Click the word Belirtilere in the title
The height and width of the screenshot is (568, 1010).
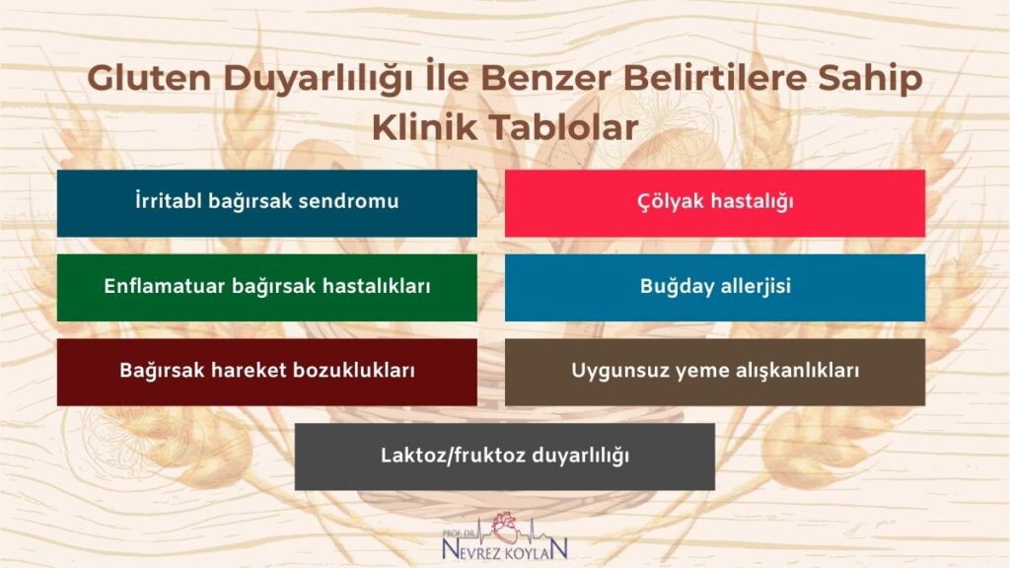[691, 80]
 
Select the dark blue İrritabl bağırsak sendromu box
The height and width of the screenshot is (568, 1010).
[266, 203]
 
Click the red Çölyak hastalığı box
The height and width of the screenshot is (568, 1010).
[715, 203]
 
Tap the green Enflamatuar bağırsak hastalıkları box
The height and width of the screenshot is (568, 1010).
[266, 288]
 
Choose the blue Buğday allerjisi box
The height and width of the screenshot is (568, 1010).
[715, 288]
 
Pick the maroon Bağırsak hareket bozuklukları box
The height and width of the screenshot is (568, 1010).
[266, 373]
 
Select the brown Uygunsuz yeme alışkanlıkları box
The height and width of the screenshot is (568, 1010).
[715, 373]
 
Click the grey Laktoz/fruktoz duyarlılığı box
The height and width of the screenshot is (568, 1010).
[504, 457]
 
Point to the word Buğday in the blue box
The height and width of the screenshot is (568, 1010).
[672, 288]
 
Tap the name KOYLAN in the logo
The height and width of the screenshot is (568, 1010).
[539, 546]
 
